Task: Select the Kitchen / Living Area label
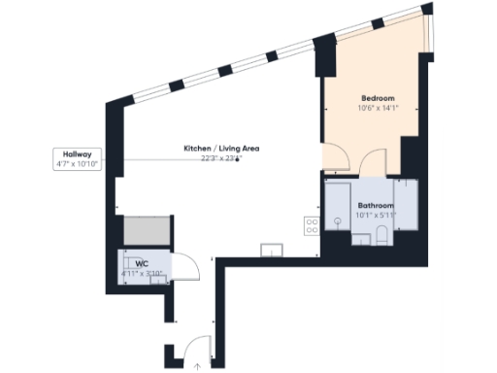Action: pos(222,148)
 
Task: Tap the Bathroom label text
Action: pos(376,206)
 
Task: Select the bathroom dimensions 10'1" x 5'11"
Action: pos(376,216)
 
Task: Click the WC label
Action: pos(142,263)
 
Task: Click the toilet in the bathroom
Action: pos(382,234)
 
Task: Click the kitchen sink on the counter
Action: pos(271,250)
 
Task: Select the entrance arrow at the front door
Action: pos(197,365)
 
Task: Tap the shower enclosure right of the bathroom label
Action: pos(406,204)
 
